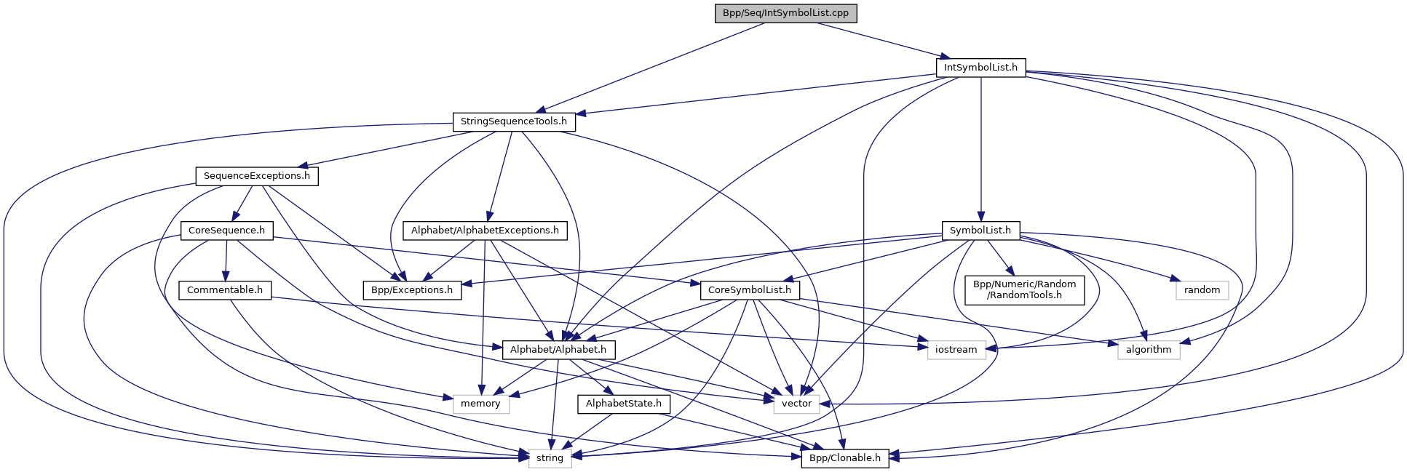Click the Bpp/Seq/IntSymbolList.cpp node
point(785,13)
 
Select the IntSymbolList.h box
point(980,68)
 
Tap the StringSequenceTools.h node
point(513,121)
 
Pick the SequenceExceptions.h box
point(256,176)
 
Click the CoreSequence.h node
point(226,231)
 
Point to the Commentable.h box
point(225,290)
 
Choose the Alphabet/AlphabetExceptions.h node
point(485,231)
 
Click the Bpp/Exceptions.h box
point(412,290)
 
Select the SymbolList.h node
point(980,231)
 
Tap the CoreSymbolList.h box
point(750,290)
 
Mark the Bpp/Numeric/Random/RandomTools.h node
point(1024,289)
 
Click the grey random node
point(1202,290)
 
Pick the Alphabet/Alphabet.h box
point(558,350)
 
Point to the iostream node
point(956,350)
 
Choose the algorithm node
point(1149,350)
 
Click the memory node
point(480,404)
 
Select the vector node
point(796,404)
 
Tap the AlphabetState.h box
point(624,404)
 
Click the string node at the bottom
point(550,458)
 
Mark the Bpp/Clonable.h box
point(844,458)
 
